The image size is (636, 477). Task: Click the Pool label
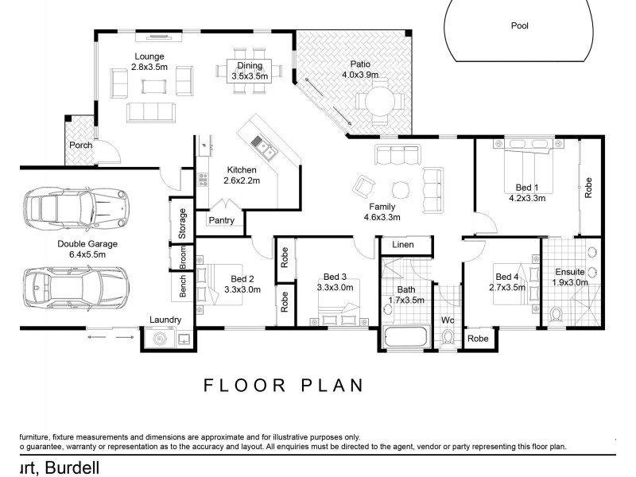point(519,25)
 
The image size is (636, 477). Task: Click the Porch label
point(81,145)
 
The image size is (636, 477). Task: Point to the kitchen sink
point(262,145)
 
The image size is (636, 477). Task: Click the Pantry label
point(222,220)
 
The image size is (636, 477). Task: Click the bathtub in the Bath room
point(405,336)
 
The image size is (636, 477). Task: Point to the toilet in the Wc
point(448,338)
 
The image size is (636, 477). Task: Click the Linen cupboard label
point(403,246)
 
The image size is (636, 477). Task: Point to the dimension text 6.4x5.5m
point(87,254)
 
